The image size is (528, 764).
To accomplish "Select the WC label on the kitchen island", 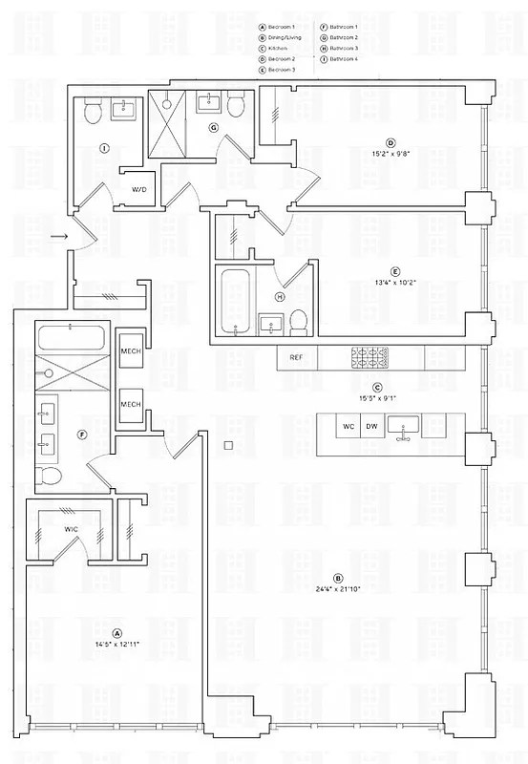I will [x=348, y=426].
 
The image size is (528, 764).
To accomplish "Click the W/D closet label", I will [x=139, y=190].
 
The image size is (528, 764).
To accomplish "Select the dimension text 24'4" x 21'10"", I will [x=337, y=589].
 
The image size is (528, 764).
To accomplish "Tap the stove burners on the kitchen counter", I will [x=370, y=357].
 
